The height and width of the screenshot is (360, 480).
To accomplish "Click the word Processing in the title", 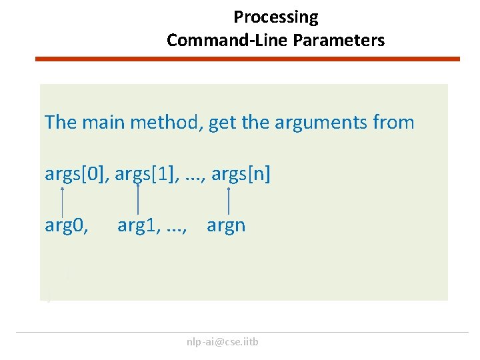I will pyautogui.click(x=275, y=17).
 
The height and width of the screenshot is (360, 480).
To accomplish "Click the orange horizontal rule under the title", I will pyautogui.click(x=247, y=59).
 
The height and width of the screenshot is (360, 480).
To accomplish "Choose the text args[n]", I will pyautogui.click(x=237, y=175).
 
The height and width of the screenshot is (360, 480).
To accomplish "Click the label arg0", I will pyautogui.click(x=66, y=225).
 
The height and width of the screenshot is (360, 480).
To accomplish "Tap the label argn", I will pyautogui.click(x=226, y=225).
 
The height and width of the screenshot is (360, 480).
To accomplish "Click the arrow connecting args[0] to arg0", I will pyautogui.click(x=63, y=201).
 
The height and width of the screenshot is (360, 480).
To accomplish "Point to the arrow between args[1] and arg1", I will pyautogui.click(x=137, y=200).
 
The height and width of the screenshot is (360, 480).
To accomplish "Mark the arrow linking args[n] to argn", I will pyautogui.click(x=229, y=201).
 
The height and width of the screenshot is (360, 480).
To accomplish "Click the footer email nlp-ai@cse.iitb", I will pyautogui.click(x=223, y=342).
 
